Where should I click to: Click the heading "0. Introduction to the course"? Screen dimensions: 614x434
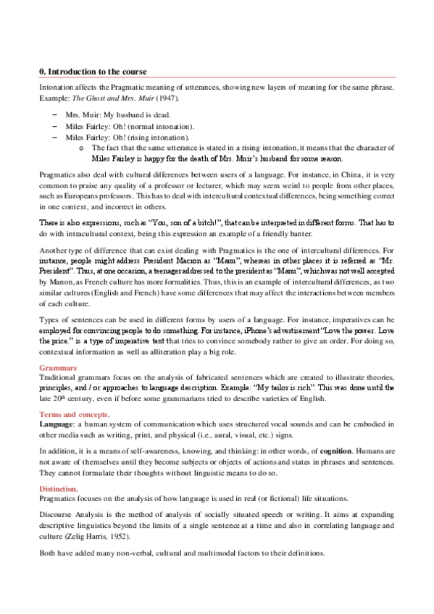click(x=93, y=72)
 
